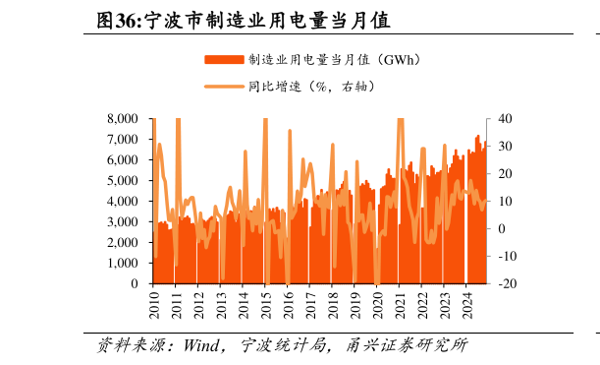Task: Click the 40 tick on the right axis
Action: tap(505, 118)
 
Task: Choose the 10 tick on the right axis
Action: tap(505, 201)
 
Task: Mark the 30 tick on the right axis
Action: tap(505, 146)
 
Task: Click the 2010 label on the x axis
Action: tap(154, 303)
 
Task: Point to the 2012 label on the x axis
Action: tap(199, 303)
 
